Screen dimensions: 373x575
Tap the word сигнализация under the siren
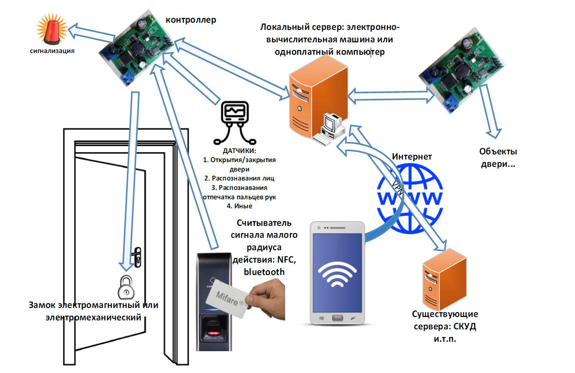tap(52, 51)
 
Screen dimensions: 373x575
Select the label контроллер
tap(191, 20)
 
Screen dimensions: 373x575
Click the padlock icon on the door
tap(126, 287)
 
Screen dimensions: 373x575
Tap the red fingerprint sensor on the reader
tap(214, 329)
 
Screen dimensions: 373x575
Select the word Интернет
tap(412, 157)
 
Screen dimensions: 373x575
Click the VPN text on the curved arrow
tap(397, 188)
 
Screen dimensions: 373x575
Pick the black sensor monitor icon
tap(234, 121)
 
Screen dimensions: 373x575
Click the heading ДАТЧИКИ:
tap(239, 151)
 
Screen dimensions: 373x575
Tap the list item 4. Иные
tap(239, 206)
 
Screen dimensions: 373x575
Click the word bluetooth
tap(264, 272)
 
